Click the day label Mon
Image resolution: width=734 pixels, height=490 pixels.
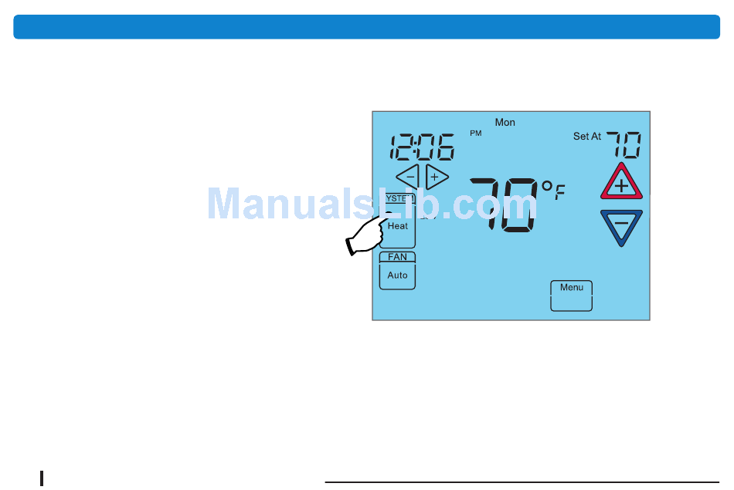click(505, 122)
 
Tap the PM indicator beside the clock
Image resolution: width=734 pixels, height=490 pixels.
click(475, 133)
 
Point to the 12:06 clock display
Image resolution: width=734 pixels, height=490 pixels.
click(421, 147)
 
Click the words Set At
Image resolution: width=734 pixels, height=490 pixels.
click(586, 137)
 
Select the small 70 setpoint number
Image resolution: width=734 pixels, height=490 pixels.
click(624, 144)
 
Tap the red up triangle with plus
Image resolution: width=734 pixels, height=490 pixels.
click(621, 184)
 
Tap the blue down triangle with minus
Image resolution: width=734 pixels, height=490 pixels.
click(621, 226)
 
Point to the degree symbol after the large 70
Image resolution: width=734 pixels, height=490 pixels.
click(546, 186)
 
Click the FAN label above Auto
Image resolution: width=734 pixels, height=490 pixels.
click(397, 257)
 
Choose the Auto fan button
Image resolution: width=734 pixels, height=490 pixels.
click(397, 275)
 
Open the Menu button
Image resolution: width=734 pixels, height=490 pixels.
click(571, 295)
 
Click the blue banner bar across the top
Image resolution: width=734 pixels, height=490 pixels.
click(366, 26)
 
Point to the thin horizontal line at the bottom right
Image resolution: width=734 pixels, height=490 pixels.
click(522, 482)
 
